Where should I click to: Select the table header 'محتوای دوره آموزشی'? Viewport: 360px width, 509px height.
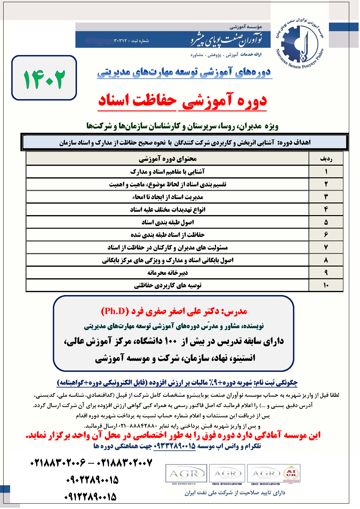(x=167, y=159)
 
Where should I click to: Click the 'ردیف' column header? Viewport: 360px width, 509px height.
(x=326, y=159)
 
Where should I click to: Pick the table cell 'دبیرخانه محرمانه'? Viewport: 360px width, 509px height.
(x=167, y=273)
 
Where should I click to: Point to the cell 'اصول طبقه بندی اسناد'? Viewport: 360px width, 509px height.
(x=167, y=222)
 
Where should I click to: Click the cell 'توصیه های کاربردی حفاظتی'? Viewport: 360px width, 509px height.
(x=167, y=285)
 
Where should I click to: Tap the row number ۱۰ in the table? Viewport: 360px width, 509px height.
(x=326, y=285)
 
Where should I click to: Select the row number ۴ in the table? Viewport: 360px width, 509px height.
(x=326, y=209)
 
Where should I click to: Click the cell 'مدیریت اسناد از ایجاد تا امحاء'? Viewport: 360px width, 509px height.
(x=167, y=197)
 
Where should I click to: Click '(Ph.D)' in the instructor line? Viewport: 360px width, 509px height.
(x=115, y=311)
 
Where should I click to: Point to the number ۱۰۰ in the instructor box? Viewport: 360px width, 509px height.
(x=171, y=341)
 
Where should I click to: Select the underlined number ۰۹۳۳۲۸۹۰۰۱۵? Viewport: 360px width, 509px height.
(x=175, y=446)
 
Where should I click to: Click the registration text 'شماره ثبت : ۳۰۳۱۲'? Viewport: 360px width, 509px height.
(x=131, y=41)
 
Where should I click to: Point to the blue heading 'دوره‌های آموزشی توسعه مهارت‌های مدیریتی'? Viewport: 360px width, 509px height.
(x=184, y=72)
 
